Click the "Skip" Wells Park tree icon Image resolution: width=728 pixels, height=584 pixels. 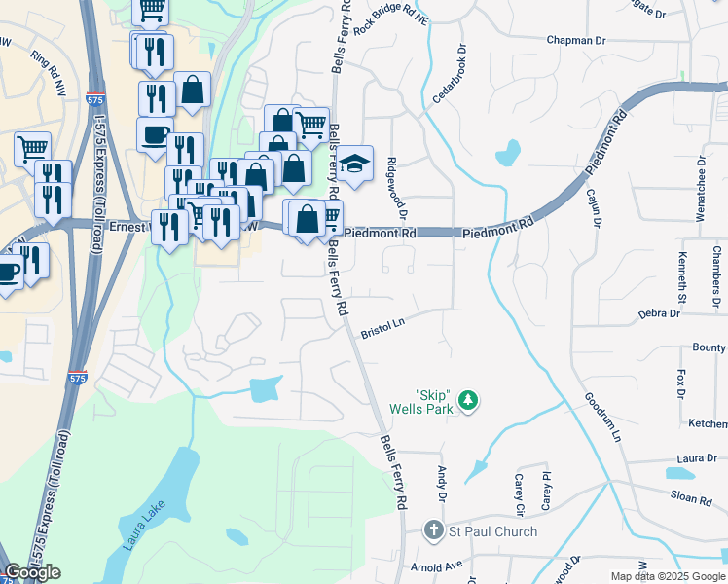tap(468, 400)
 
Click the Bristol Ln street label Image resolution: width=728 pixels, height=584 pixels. tap(382, 326)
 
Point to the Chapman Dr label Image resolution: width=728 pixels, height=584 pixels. tap(577, 40)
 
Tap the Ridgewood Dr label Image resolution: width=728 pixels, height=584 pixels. tap(396, 188)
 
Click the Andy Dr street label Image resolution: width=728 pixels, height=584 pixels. tap(443, 484)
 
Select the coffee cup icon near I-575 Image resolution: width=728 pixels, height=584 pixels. tap(155, 133)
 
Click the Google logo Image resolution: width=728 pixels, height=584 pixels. tap(32, 572)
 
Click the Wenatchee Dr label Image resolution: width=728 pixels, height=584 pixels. tap(700, 188)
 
